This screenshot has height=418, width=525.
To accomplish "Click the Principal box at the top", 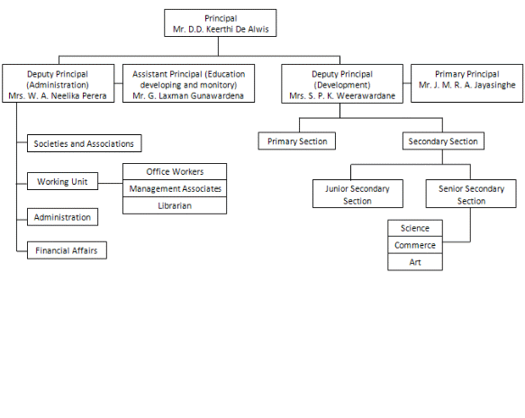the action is coord(221,23).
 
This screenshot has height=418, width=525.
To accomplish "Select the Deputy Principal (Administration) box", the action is coord(59,84).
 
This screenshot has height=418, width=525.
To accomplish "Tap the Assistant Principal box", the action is coord(188,84).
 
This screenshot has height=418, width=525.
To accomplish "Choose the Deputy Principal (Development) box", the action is coord(342,84).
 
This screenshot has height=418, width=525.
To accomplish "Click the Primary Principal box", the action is coord(467,84).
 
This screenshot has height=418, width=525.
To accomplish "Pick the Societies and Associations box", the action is coord(85,143).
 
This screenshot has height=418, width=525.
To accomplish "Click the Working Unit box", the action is coord(63,181).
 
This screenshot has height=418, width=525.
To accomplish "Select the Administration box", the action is coord(63,217).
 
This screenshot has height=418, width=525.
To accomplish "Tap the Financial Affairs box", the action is coord(67,250).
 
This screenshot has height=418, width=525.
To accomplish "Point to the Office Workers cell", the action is coord(175,171).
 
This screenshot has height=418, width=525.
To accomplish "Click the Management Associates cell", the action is coord(175,188).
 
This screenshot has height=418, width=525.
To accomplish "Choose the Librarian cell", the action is coord(175,205).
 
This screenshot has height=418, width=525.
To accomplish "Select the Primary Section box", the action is coord(297,141).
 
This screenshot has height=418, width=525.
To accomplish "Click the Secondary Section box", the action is coord(443,141).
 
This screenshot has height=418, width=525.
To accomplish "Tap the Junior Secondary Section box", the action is coord(358,194).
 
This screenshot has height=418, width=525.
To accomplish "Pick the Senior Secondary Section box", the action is coord(471,194).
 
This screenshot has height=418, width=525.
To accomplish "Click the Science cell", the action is coord(415,228).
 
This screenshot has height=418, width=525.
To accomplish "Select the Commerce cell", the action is coord(415,245).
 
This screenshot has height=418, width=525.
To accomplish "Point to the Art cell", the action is coord(415,262).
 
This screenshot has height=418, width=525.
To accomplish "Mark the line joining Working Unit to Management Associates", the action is coord(111,183).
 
